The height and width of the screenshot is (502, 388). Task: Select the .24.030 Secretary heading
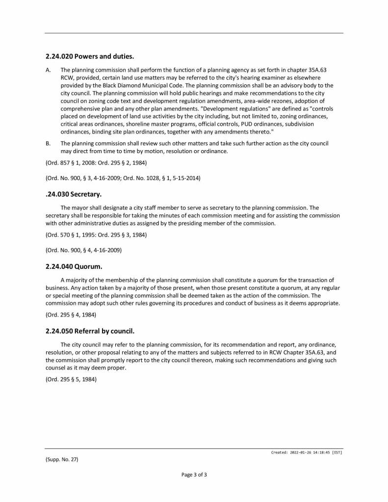point(73,194)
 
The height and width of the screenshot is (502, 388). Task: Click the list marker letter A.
point(48,70)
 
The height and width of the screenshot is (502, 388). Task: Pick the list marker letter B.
point(48,143)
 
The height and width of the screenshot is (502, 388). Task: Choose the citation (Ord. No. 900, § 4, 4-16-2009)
point(83,250)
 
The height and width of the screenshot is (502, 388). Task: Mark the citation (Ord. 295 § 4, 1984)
point(71,315)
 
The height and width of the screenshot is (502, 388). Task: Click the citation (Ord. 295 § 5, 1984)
point(71,378)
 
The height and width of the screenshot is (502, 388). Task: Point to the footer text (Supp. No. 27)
point(62,459)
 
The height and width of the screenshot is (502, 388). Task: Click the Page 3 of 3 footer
point(194,475)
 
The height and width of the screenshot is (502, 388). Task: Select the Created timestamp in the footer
point(307,452)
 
